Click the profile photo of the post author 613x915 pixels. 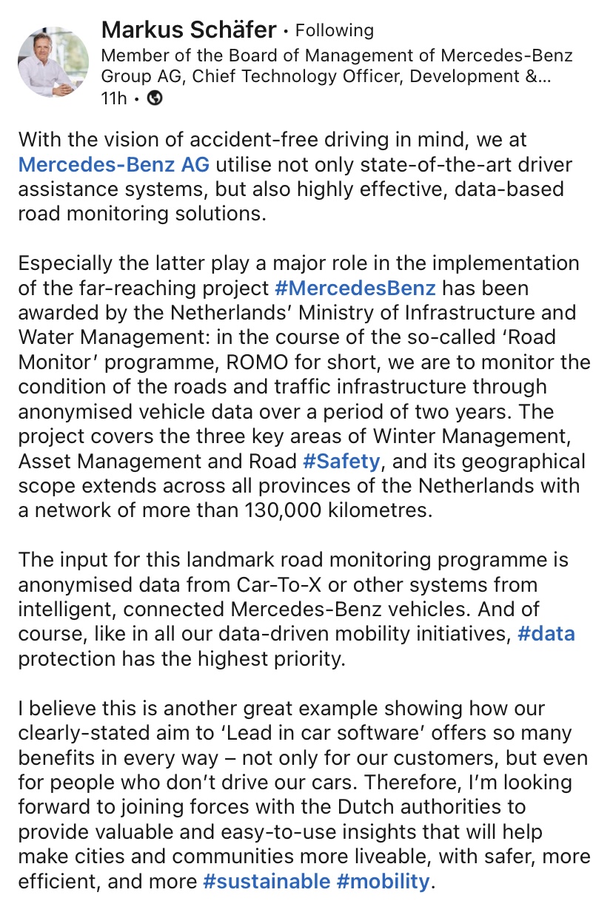[x=57, y=62]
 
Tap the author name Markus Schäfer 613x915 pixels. [x=189, y=30]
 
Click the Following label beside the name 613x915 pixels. [x=334, y=30]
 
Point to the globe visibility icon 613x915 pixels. [x=155, y=98]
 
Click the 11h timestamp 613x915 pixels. [x=113, y=98]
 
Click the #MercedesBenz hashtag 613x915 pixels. [x=355, y=288]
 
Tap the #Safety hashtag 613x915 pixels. [x=341, y=462]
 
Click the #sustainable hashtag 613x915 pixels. [x=266, y=881]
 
